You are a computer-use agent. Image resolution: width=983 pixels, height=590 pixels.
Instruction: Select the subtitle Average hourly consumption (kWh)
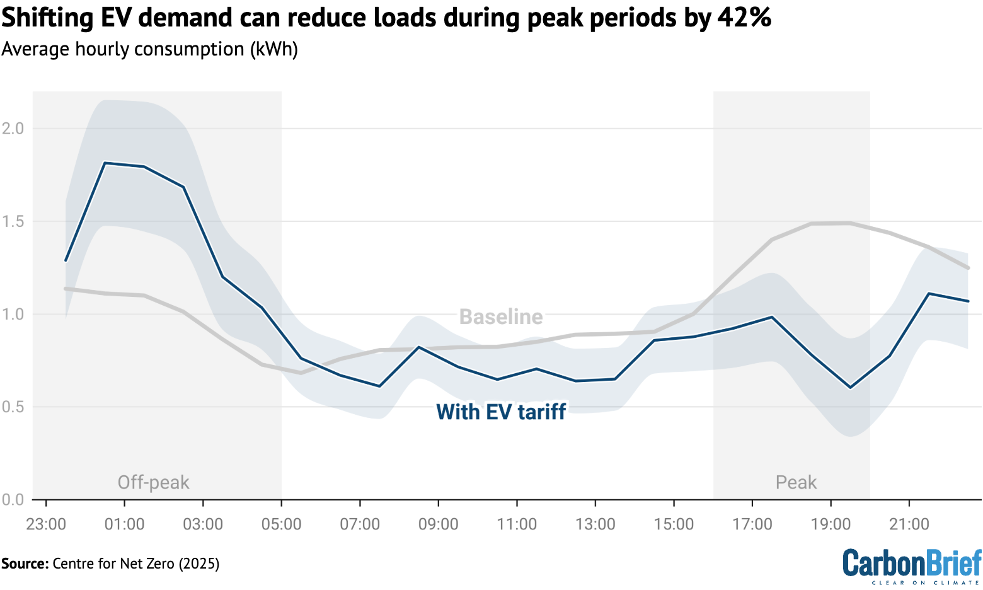coord(149,49)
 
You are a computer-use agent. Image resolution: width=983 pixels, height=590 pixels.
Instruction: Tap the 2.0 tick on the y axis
coord(13,129)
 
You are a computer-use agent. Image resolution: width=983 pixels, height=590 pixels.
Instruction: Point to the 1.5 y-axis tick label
coord(13,221)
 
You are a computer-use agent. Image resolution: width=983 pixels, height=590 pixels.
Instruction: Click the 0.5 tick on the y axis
coord(13,407)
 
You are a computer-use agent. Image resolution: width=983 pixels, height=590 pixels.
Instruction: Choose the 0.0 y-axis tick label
coord(13,500)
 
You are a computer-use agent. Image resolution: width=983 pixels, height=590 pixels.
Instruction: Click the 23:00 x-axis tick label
coord(46,524)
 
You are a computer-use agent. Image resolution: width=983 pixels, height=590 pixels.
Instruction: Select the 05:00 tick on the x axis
coord(281,524)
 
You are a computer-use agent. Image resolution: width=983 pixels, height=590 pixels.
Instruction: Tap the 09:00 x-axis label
coord(439,524)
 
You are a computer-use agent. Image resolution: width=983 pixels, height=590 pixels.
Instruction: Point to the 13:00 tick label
coord(595,524)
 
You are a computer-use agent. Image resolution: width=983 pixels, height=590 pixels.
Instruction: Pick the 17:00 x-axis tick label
coord(752,524)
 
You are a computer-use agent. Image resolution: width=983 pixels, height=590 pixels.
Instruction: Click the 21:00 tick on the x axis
coord(909,524)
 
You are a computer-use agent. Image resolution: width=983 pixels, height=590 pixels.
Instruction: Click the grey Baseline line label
coord(501,316)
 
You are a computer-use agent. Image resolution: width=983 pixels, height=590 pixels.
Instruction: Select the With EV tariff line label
coord(501,412)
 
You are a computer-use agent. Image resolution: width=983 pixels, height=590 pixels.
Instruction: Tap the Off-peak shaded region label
coord(153,482)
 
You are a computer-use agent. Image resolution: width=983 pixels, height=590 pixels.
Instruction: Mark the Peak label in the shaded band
coord(796,482)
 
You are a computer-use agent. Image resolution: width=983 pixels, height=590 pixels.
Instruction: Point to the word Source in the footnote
coord(24,563)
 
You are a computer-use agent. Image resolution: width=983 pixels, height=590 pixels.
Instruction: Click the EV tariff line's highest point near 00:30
coord(105,163)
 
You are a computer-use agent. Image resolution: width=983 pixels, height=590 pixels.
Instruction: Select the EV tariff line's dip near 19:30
coord(851,388)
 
